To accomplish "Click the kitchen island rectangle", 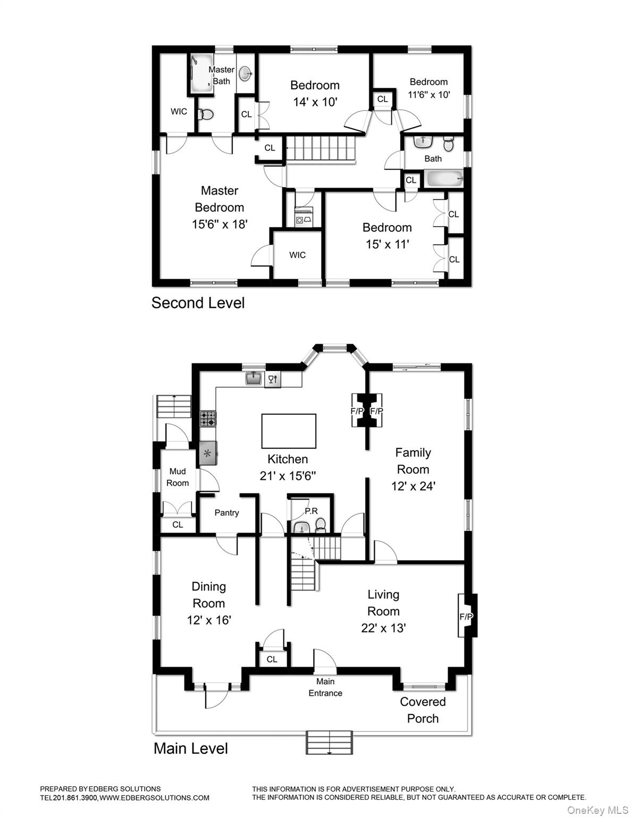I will click(289, 431).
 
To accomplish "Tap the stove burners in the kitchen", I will click(208, 419).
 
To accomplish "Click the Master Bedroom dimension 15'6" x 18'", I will click(220, 224).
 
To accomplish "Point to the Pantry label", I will click(226, 513).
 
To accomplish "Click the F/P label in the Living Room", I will click(466, 616).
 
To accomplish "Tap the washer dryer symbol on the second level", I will click(304, 219).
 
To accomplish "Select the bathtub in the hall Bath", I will click(443, 179).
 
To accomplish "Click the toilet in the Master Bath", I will click(205, 114).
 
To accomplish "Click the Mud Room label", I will click(178, 477).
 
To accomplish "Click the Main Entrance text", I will click(325, 687).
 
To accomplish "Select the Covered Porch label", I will click(423, 710).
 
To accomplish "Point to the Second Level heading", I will click(198, 303).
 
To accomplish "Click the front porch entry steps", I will click(329, 742).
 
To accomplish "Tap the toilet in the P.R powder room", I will click(321, 526).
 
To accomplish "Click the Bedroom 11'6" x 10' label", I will click(428, 88).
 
